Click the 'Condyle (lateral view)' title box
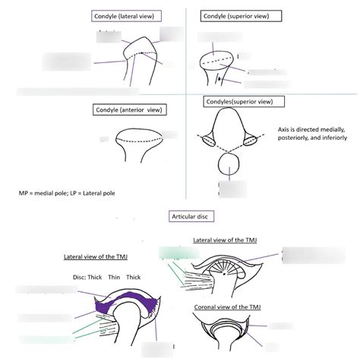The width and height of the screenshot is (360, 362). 123,15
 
